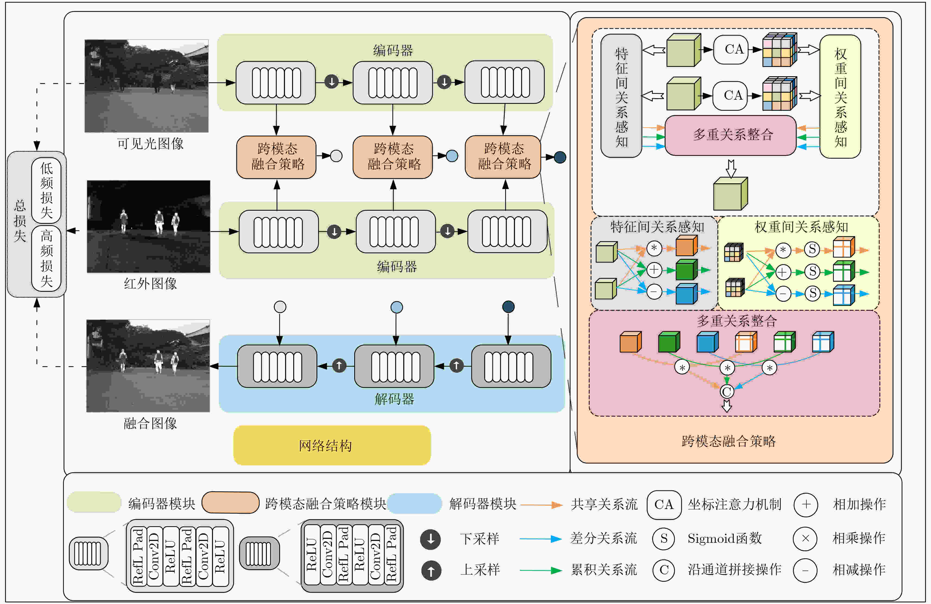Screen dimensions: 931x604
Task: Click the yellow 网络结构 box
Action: tap(332, 445)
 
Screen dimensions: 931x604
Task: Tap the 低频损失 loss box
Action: tap(46, 191)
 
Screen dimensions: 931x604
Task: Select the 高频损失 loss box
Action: tap(46, 258)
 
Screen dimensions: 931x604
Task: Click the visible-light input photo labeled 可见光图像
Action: tap(146, 86)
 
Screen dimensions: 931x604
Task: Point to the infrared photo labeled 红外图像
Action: tap(148, 226)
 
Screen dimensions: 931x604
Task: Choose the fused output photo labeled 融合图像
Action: tap(148, 366)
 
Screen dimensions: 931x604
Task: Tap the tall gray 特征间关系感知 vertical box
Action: tap(621, 96)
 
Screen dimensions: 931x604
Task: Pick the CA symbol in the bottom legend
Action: tap(664, 505)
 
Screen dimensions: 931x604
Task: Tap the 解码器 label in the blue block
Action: tap(394, 399)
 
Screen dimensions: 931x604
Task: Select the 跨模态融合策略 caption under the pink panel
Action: tap(728, 441)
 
